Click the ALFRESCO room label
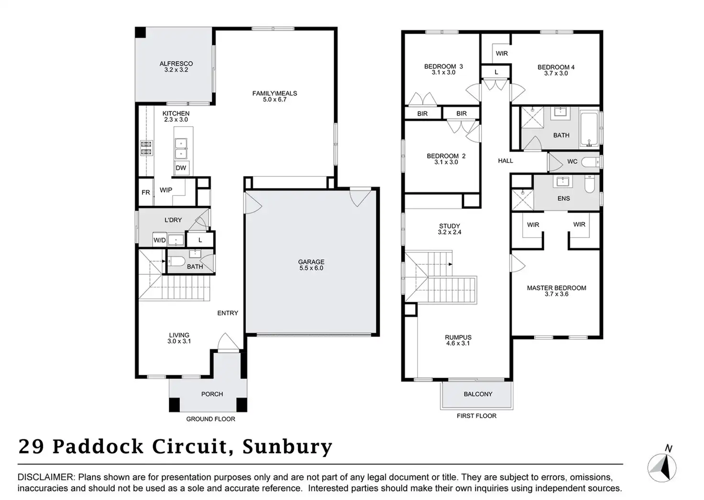coord(176,64)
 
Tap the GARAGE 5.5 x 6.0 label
coord(311,265)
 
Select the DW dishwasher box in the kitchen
coord(181,168)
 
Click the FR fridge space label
coord(146,192)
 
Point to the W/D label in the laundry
coord(159,240)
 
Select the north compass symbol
coord(662,467)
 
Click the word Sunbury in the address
coord(287,446)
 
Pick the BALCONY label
coord(478,394)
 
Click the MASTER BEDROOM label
coord(556,288)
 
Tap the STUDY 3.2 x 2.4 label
coord(450,229)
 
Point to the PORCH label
coord(212,394)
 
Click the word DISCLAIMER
coord(46,477)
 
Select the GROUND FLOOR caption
coord(210,419)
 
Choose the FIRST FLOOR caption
coord(476,416)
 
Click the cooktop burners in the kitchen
coord(146,148)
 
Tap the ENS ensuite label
coord(563,198)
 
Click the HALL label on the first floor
coord(505,161)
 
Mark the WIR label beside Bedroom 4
coord(502,54)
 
